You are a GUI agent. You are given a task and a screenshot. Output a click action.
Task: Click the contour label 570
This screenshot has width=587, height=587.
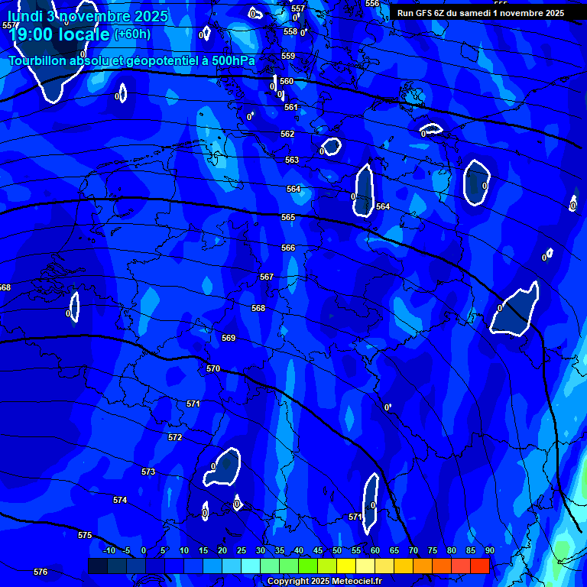coord(213,368)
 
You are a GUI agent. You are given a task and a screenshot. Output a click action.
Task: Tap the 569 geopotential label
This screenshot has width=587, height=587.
coord(229,338)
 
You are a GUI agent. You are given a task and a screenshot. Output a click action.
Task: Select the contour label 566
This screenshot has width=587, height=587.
coord(287,248)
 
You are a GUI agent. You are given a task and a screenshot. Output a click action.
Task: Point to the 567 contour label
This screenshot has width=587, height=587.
coord(266,277)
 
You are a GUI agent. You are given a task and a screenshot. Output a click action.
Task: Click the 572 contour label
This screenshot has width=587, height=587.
coord(175,437)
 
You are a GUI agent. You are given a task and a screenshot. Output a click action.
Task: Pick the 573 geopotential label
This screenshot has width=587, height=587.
coord(148,472)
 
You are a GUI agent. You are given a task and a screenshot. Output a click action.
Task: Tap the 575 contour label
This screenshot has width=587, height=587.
coord(85,535)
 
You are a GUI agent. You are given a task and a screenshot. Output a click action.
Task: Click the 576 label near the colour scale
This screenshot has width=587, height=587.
coord(41,572)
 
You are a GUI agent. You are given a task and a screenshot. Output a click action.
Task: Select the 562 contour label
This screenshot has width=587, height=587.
coord(287,134)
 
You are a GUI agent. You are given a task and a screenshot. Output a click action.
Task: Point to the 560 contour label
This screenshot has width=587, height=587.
coord(287,81)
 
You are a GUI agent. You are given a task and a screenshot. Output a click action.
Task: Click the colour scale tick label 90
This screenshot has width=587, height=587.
coord(489,550)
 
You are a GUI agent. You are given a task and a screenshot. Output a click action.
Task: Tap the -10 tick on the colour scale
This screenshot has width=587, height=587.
coord(109,550)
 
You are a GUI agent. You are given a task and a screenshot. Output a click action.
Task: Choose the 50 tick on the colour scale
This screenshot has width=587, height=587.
coord(337,550)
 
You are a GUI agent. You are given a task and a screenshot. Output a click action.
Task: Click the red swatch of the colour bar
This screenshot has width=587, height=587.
coord(480,566)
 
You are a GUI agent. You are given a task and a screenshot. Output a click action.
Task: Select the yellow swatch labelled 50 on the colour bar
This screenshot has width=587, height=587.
coord(346,566)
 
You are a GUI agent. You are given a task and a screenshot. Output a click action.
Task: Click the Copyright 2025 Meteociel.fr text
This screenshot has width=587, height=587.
coord(324,581)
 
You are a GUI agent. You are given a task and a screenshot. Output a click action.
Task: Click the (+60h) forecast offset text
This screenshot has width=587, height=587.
coord(132,34)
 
